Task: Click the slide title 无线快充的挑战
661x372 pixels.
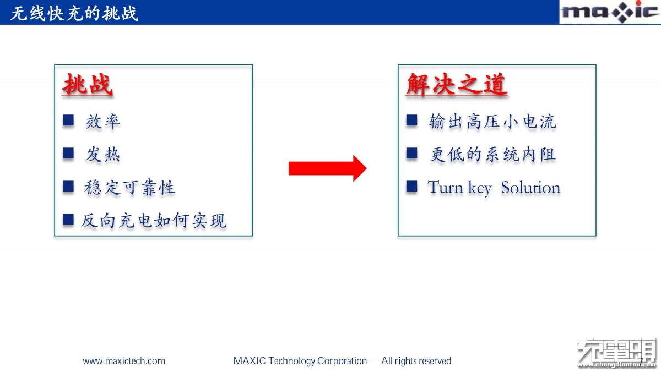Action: tap(74, 13)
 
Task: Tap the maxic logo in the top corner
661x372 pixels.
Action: tap(610, 12)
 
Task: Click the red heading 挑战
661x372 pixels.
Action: tap(88, 85)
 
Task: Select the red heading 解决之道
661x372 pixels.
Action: tap(457, 85)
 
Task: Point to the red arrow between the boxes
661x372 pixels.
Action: tap(328, 168)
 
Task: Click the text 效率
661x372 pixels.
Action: tap(102, 122)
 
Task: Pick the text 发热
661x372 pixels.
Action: tap(102, 155)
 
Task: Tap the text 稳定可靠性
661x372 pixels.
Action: tap(129, 188)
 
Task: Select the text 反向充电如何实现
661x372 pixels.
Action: tap(154, 221)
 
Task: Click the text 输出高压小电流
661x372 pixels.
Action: tap(492, 122)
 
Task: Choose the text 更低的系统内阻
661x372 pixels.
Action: tap(492, 155)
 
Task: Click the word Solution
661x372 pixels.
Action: tap(530, 188)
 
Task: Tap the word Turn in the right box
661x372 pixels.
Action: tap(446, 187)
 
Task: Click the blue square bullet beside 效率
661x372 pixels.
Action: tap(68, 121)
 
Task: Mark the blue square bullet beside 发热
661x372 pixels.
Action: tap(68, 154)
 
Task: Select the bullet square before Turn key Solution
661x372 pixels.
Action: tap(411, 187)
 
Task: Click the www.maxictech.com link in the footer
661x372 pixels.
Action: tap(124, 361)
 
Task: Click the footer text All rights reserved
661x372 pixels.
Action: tap(416, 361)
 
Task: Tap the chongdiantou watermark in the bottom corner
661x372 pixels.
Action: tap(617, 353)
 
